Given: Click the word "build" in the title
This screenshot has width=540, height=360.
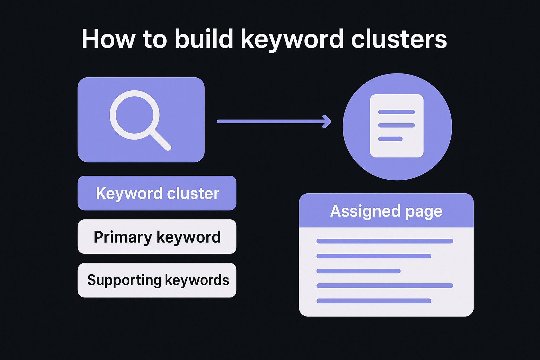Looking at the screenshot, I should click(x=204, y=39).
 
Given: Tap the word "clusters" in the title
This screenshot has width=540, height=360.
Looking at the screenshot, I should click(x=399, y=39).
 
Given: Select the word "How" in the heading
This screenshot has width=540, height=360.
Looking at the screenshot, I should click(x=108, y=39).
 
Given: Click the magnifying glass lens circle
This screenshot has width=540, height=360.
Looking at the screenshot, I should click(x=135, y=115).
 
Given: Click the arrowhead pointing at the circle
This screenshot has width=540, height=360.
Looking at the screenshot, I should click(x=327, y=121).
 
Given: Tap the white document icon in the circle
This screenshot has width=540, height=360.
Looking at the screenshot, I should click(x=397, y=126).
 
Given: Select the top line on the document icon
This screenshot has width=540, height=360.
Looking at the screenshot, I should click(x=396, y=112).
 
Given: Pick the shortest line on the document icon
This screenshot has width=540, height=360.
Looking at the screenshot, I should click(x=390, y=139).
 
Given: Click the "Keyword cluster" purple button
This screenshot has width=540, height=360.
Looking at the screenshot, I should click(x=157, y=193).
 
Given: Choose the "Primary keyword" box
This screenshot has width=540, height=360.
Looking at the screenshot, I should click(x=157, y=237).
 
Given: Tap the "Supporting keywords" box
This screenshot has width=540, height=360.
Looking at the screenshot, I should click(x=157, y=280).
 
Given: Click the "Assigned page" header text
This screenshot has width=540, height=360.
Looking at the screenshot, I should click(x=386, y=211).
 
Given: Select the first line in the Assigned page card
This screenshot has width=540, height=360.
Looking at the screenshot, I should click(x=385, y=241).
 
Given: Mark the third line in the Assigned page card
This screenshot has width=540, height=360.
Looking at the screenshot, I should click(x=358, y=271).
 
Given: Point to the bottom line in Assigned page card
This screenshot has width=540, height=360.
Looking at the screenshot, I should click(x=374, y=301).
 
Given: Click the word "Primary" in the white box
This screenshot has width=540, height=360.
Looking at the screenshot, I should click(x=122, y=237).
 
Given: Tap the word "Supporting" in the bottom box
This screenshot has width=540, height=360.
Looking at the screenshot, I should click(x=124, y=281).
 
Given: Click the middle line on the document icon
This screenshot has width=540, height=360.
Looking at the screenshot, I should click(x=396, y=126).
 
